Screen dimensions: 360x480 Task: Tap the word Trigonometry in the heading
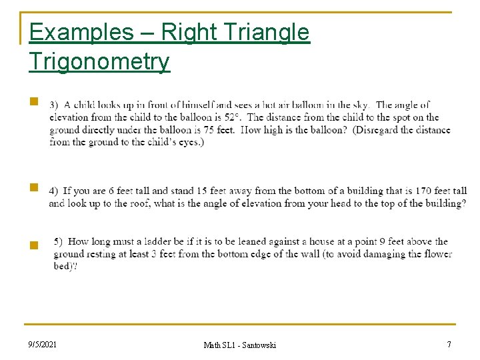click(99, 61)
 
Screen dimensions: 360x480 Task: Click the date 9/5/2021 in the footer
click(43, 344)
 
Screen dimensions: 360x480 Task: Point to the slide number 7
click(449, 344)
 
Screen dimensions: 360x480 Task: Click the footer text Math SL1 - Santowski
click(240, 345)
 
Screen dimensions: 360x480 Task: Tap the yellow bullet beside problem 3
click(33, 102)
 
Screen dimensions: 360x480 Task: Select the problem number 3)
click(53, 105)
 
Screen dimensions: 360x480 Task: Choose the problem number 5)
click(59, 241)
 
